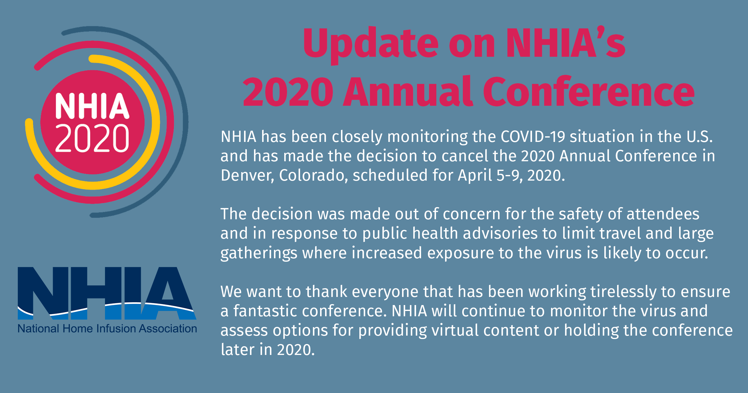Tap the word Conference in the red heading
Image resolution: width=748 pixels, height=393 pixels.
[589, 91]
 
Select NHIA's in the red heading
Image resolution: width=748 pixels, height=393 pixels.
[566, 43]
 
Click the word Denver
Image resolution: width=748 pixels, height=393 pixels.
[247, 175]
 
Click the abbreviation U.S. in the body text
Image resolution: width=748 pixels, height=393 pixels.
[700, 137]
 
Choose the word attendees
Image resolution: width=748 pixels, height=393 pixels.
[663, 214]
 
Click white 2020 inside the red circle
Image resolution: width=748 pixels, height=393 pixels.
[92, 138]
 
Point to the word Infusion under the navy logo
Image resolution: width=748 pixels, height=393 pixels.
[116, 328]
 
